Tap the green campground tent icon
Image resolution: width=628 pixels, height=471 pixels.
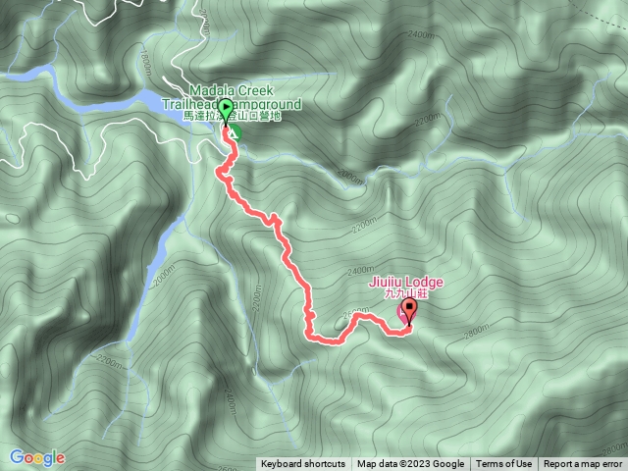point(236,130)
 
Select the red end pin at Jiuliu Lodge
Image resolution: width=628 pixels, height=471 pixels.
point(408,310)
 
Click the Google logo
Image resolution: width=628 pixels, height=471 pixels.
point(36,457)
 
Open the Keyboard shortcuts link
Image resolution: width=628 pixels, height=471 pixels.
point(302,464)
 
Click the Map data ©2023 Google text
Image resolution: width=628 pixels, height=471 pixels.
point(410,464)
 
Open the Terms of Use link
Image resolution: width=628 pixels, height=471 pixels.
point(504,464)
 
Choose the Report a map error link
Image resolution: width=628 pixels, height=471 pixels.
point(583,464)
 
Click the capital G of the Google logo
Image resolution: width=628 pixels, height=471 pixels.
point(17,457)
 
